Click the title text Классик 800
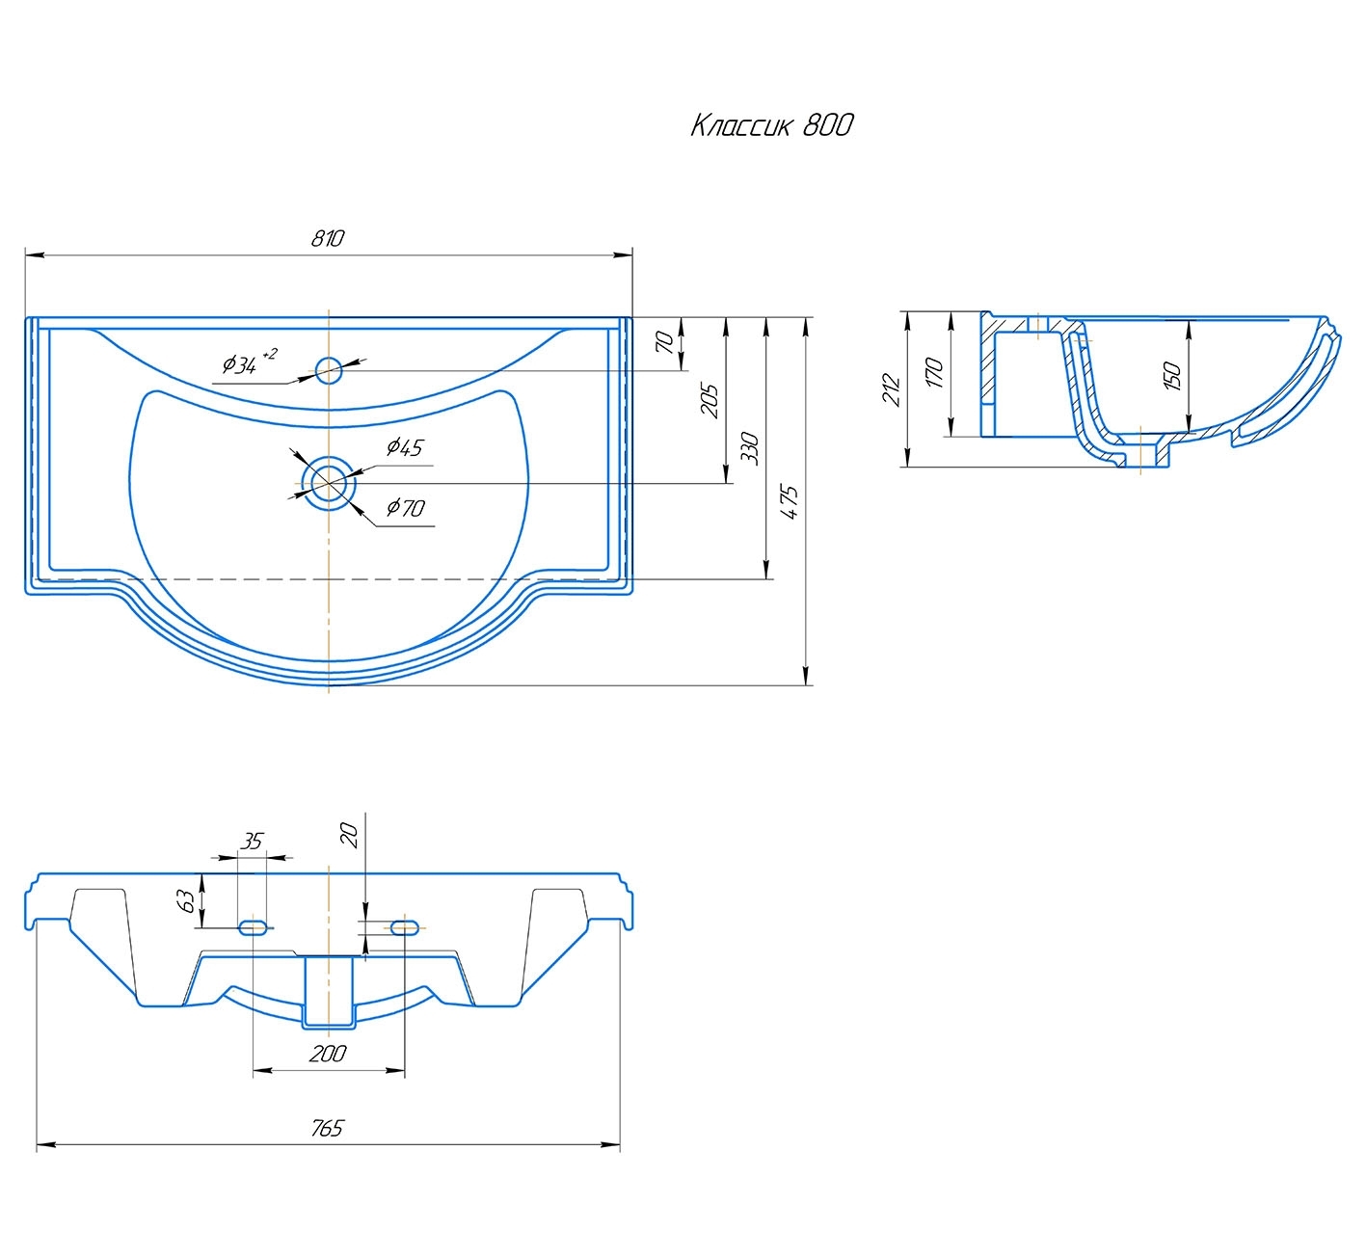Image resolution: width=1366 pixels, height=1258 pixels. tap(771, 125)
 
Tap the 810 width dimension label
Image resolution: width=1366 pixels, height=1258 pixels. tap(328, 238)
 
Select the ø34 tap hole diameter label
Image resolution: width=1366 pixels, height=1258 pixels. tap(249, 362)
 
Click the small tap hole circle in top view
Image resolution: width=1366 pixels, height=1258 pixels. tap(329, 370)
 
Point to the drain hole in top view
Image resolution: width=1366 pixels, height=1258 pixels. tap(329, 483)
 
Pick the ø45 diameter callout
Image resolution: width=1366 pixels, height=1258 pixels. tap(405, 446)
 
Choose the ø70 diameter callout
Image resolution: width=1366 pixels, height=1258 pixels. tap(405, 507)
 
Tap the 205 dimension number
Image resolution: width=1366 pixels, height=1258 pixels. tap(710, 401)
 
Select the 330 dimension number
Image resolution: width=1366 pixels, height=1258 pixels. tap(750, 447)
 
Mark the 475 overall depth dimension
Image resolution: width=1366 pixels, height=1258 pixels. tap(790, 502)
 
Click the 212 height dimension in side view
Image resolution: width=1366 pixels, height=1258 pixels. tap(892, 390)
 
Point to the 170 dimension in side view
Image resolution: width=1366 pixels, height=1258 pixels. tap(934, 373)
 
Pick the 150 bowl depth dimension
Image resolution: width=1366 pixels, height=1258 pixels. tap(1172, 375)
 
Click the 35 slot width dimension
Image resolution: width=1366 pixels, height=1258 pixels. tap(252, 842)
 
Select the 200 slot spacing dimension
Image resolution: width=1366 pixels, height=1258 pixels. tap(328, 1055)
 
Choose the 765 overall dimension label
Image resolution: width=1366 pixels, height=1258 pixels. tap(328, 1129)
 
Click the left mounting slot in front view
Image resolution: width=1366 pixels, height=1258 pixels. tap(252, 927)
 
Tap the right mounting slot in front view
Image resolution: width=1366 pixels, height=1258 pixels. tap(405, 927)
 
